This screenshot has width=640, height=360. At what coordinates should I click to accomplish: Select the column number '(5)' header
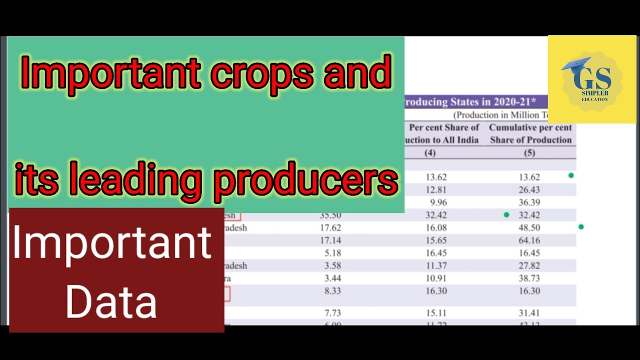point(529,153)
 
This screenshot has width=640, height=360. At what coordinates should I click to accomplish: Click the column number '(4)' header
point(430,153)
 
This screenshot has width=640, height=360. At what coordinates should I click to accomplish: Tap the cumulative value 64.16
point(529,240)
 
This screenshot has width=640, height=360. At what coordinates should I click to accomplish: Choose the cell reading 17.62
point(330,228)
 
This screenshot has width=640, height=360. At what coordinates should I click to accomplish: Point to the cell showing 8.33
point(332,291)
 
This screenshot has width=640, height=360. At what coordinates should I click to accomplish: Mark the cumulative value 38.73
point(529,278)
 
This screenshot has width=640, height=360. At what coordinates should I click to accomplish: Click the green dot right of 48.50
point(581,227)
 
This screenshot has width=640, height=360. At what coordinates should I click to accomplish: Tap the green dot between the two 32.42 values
point(506,215)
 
